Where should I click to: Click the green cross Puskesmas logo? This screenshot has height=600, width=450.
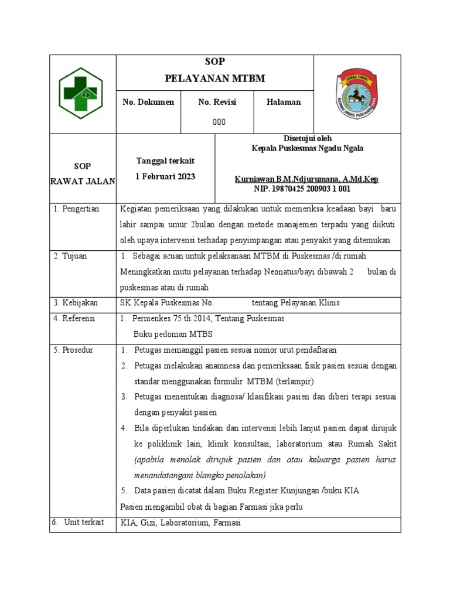[83, 93]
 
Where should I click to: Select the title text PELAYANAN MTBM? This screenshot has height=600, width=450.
[215, 78]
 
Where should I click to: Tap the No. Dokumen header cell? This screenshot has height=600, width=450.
[148, 102]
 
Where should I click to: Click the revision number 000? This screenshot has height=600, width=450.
[219, 122]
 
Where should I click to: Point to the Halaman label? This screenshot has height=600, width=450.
[284, 102]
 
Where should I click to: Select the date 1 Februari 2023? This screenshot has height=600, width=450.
[165, 176]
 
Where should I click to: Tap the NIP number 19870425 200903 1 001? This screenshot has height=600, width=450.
[302, 189]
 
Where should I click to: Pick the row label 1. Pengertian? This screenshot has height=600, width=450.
[76, 209]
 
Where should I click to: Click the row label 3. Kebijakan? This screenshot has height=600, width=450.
[76, 303]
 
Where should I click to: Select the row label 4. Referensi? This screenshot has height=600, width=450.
[74, 319]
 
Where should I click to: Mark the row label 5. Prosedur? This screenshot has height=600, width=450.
[73, 350]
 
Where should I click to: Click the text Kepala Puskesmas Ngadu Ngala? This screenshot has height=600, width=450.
[307, 148]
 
